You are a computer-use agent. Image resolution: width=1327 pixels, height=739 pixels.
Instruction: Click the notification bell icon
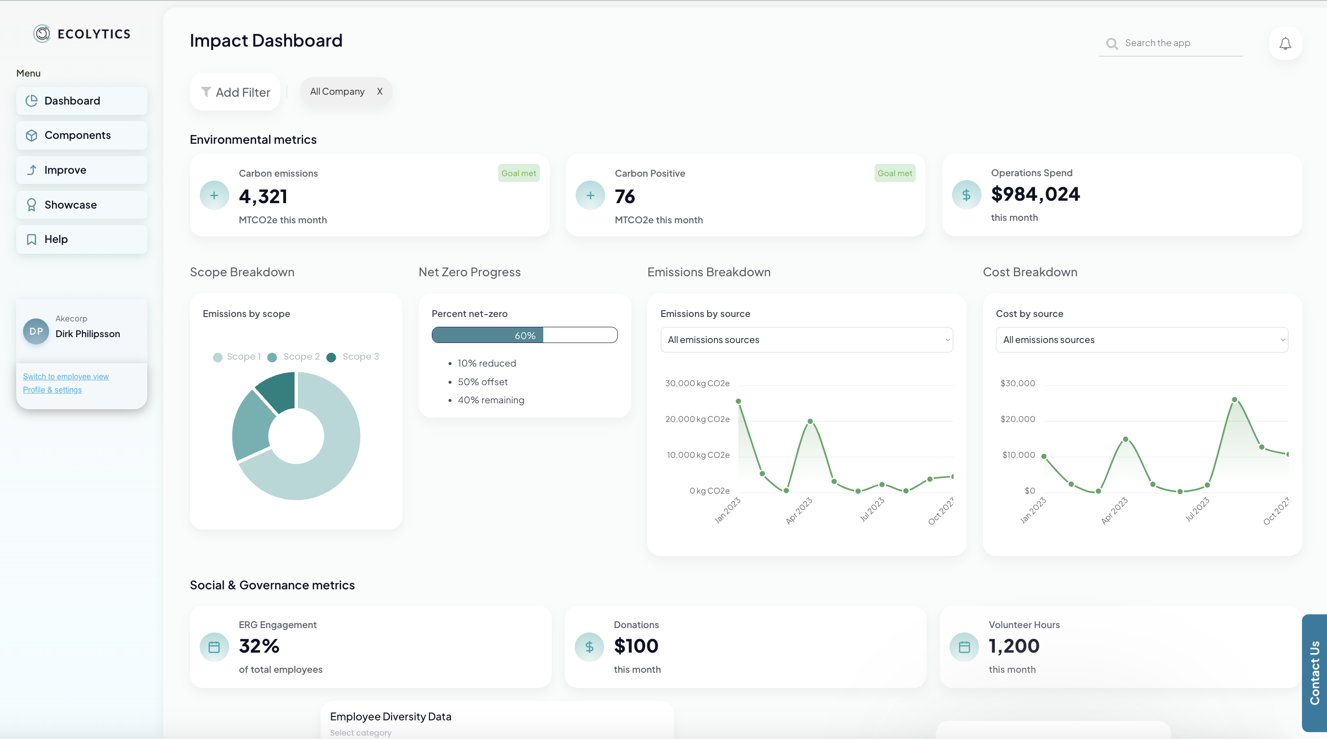point(1285,44)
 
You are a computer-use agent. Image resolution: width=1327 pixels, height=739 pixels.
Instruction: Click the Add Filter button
point(236,92)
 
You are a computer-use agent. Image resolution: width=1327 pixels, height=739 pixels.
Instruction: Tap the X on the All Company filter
point(380,92)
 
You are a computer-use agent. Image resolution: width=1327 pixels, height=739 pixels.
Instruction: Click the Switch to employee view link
point(65,376)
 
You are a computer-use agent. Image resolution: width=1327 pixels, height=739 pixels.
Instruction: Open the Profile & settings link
point(52,390)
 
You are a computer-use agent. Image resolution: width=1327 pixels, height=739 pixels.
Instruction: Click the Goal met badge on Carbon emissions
point(518,174)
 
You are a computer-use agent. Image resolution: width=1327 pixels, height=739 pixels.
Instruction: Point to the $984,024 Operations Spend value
point(1035,194)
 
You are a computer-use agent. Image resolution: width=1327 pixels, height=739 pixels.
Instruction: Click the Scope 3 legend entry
point(355,357)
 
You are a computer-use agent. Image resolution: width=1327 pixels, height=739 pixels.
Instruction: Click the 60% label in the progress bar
point(525,336)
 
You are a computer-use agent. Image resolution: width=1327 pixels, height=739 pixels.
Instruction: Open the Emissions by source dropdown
point(806,340)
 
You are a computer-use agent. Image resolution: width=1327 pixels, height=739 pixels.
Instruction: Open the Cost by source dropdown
point(1141,340)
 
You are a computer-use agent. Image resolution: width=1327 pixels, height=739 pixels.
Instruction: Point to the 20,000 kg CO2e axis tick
point(697,419)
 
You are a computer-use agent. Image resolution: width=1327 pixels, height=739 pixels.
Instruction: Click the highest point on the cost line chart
point(1234,399)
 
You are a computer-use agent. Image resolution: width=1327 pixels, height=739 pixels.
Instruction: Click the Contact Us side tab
point(1314,673)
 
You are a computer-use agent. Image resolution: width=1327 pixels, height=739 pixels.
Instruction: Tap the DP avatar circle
point(36,331)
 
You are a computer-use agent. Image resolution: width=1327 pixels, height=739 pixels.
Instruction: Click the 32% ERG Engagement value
point(259,646)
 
